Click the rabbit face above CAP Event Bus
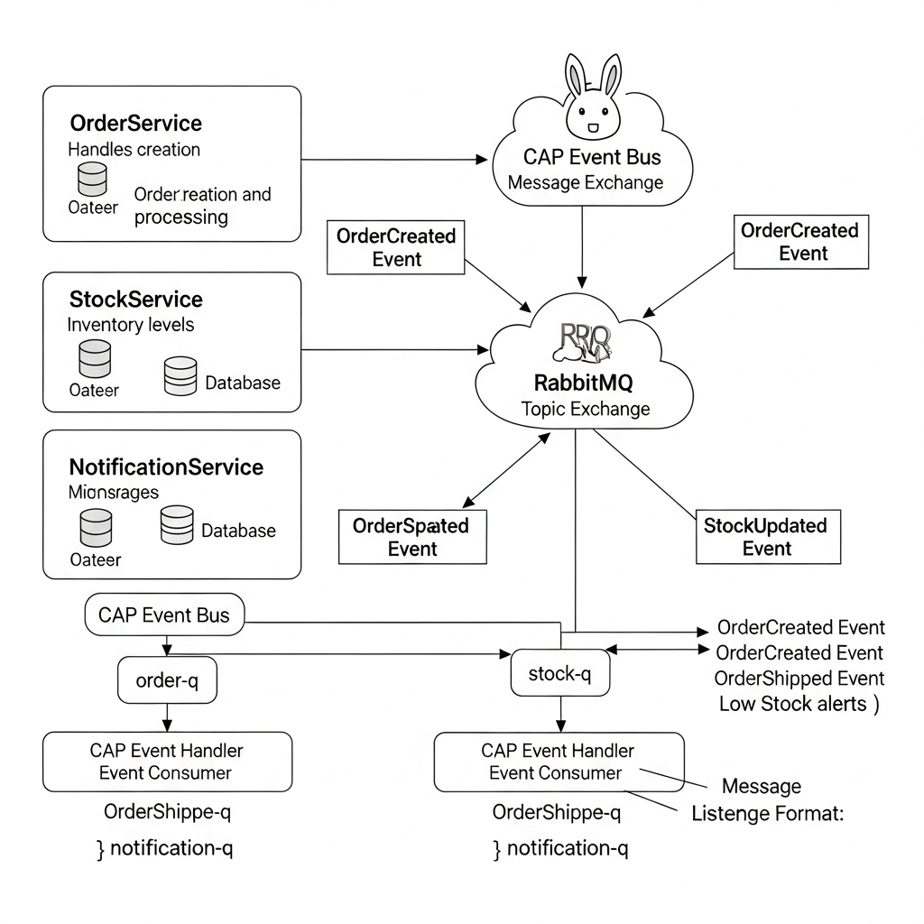click(593, 106)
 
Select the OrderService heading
click(135, 123)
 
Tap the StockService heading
click(135, 299)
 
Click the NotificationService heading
click(166, 467)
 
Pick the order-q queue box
click(167, 680)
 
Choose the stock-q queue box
click(559, 673)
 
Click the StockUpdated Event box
click(767, 537)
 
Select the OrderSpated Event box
click(411, 537)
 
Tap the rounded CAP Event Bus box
click(163, 615)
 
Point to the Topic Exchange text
click(585, 409)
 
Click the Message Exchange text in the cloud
click(585, 182)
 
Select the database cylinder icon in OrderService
click(92, 179)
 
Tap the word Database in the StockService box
click(243, 383)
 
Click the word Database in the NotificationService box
click(238, 531)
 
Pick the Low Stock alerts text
click(798, 704)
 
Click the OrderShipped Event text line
click(799, 678)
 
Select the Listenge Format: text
click(767, 814)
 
